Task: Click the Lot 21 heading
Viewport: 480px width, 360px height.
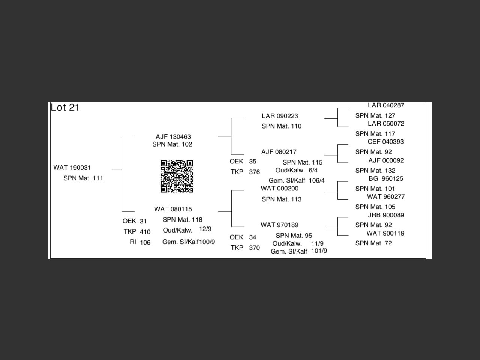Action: pyautogui.click(x=65, y=107)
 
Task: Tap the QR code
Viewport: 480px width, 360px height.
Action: pyautogui.click(x=177, y=176)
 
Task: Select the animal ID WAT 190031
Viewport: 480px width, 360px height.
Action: pyautogui.click(x=72, y=168)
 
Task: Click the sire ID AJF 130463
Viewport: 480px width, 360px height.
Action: pyautogui.click(x=173, y=137)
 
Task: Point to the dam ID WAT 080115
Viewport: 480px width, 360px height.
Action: pyautogui.click(x=173, y=209)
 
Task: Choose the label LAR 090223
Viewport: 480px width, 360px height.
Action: pyautogui.click(x=280, y=116)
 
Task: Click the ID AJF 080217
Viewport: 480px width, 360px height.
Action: pyautogui.click(x=279, y=152)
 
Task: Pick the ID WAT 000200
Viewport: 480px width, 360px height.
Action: pyautogui.click(x=280, y=189)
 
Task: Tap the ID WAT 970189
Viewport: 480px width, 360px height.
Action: pyautogui.click(x=280, y=225)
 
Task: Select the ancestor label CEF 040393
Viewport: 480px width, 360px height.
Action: pyautogui.click(x=385, y=142)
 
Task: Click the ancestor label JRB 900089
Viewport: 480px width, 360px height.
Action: pyautogui.click(x=386, y=215)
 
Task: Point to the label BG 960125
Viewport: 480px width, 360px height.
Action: pyautogui.click(x=385, y=178)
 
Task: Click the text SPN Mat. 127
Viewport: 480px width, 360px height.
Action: pyautogui.click(x=375, y=116)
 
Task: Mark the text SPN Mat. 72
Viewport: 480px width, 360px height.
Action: pyautogui.click(x=373, y=243)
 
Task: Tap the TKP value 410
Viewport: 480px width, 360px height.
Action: pyautogui.click(x=145, y=232)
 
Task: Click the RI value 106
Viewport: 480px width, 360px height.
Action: pyautogui.click(x=145, y=243)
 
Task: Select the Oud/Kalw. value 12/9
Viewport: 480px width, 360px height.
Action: pyautogui.click(x=205, y=229)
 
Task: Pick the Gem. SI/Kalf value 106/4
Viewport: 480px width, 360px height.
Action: pyautogui.click(x=317, y=181)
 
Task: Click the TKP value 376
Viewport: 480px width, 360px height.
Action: pyautogui.click(x=254, y=172)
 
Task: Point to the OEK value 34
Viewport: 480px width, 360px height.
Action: pyautogui.click(x=253, y=237)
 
